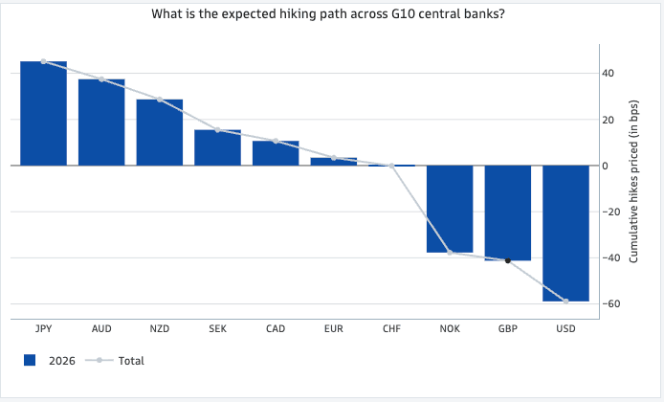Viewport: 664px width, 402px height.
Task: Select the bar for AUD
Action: tap(101, 123)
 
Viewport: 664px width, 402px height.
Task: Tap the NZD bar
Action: tap(160, 132)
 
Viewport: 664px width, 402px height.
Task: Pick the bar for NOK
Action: tap(450, 209)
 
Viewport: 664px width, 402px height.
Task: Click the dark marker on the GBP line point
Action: tap(508, 260)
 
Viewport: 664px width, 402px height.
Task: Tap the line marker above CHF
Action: tap(392, 166)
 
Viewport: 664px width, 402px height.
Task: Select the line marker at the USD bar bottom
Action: tap(565, 301)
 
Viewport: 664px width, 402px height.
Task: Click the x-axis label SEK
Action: tap(217, 328)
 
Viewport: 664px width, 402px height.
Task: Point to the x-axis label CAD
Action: tap(276, 328)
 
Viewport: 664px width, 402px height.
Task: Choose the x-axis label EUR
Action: tap(334, 328)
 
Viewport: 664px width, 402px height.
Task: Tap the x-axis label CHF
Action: tap(392, 328)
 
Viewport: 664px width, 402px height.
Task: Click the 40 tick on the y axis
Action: tap(608, 74)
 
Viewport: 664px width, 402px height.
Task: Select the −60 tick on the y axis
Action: tap(605, 304)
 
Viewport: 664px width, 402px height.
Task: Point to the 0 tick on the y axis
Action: tap(605, 166)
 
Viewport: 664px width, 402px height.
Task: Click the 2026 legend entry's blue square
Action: tap(30, 360)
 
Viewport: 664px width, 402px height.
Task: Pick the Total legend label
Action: tap(131, 360)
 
